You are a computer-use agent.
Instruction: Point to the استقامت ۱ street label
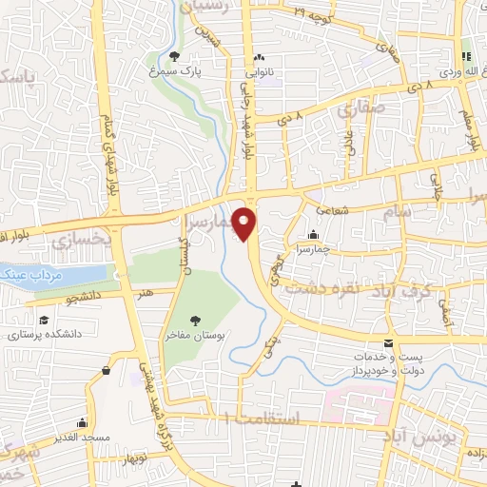(257, 419)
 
